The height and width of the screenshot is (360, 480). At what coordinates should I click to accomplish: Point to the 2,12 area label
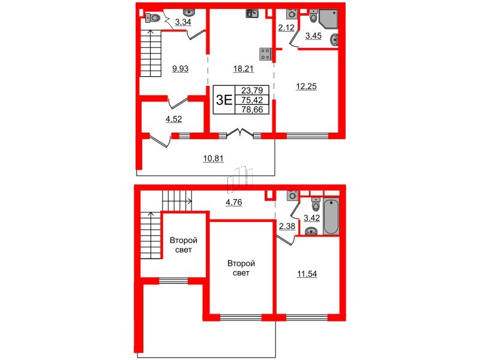pyautogui.click(x=285, y=26)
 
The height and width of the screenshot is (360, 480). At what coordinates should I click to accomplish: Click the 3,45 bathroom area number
pyautogui.click(x=314, y=37)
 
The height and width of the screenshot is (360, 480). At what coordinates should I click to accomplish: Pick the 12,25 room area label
pyautogui.click(x=305, y=86)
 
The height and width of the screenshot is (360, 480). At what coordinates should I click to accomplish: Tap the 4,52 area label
pyautogui.click(x=173, y=119)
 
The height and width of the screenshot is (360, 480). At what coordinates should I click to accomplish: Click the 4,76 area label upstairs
pyautogui.click(x=235, y=202)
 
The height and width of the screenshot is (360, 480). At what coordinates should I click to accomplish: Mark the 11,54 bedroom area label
pyautogui.click(x=307, y=274)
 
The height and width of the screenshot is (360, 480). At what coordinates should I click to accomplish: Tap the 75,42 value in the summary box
pyautogui.click(x=253, y=101)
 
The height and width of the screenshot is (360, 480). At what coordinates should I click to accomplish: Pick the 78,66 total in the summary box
pyautogui.click(x=253, y=110)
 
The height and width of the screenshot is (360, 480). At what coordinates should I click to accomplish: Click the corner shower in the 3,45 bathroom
pyautogui.click(x=328, y=19)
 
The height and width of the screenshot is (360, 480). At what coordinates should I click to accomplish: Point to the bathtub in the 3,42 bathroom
pyautogui.click(x=331, y=216)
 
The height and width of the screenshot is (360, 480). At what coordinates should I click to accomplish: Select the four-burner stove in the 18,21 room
pyautogui.click(x=264, y=53)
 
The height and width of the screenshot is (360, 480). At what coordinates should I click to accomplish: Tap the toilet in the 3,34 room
pyautogui.click(x=152, y=18)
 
